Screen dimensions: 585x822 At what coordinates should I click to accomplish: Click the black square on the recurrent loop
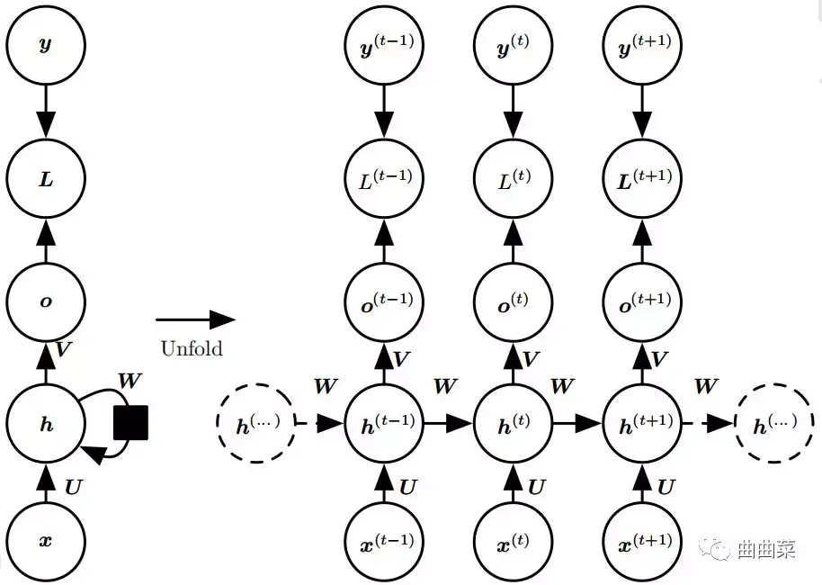pos(130,422)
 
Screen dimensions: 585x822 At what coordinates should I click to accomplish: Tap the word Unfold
pos(192,348)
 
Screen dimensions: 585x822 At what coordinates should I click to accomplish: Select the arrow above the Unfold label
pos(195,319)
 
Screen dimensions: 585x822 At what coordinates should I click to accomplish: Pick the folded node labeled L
pos(46,178)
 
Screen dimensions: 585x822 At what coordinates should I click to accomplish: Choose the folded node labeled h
pos(46,423)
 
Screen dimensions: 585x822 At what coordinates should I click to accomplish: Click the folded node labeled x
pos(46,542)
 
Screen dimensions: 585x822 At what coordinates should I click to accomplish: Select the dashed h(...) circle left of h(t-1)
pos(255,423)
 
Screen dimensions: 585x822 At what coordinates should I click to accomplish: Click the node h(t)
pos(514,423)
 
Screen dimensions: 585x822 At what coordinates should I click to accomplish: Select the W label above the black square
pos(130,381)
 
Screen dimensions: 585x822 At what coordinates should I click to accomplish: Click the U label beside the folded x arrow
pos(74,487)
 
